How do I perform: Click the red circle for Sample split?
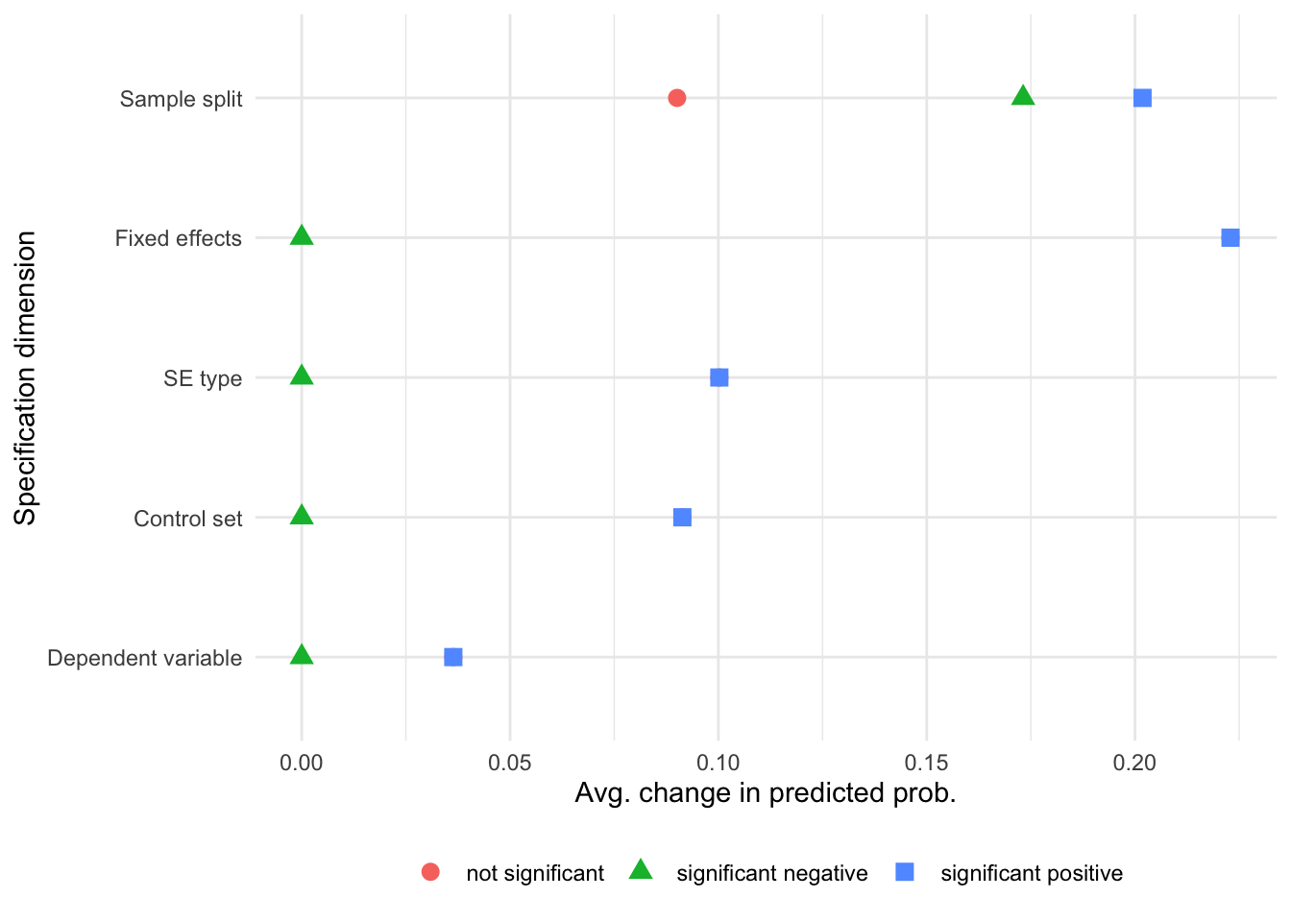point(676,98)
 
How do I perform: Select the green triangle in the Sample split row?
point(1023,96)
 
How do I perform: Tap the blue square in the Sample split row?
point(1142,98)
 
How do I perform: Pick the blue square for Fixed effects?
point(1230,237)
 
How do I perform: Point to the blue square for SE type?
point(719,377)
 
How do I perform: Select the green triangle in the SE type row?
point(302,376)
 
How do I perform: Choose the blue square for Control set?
point(682,518)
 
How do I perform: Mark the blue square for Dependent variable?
point(453,657)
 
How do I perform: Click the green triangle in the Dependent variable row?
point(302,655)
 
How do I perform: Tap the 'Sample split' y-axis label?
point(181,99)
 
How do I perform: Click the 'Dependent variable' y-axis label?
point(144,658)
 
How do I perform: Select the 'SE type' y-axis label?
point(202,378)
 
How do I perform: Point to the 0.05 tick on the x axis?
point(510,764)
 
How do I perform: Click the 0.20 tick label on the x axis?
point(1134,764)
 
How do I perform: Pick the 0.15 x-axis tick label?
point(926,764)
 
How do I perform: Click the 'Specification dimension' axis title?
point(26,377)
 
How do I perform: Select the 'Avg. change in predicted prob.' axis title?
point(765,793)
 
